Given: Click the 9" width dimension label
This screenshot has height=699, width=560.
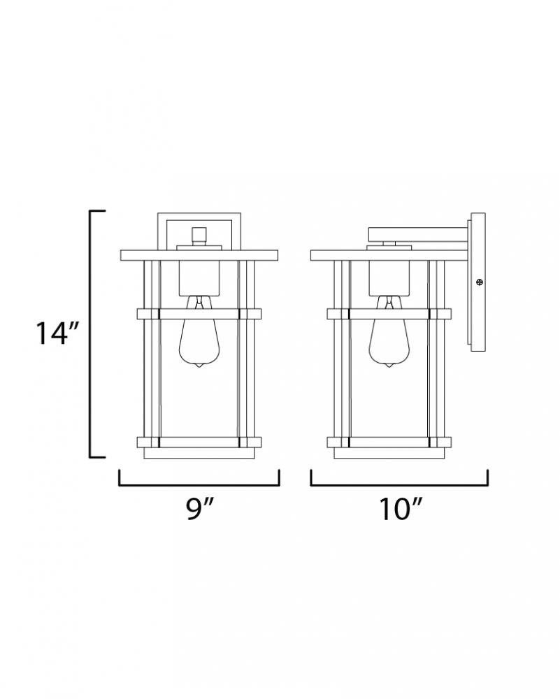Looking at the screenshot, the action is pyautogui.click(x=199, y=508).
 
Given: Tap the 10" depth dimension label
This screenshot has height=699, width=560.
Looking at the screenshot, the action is pyautogui.click(x=400, y=508).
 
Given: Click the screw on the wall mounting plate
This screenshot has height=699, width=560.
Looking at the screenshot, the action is pyautogui.click(x=480, y=282).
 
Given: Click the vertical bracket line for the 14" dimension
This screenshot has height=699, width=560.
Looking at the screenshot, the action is pyautogui.click(x=90, y=333).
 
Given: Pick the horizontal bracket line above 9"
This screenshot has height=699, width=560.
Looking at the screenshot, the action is pyautogui.click(x=199, y=484).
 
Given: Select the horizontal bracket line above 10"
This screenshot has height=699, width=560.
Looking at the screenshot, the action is pyautogui.click(x=399, y=484).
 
